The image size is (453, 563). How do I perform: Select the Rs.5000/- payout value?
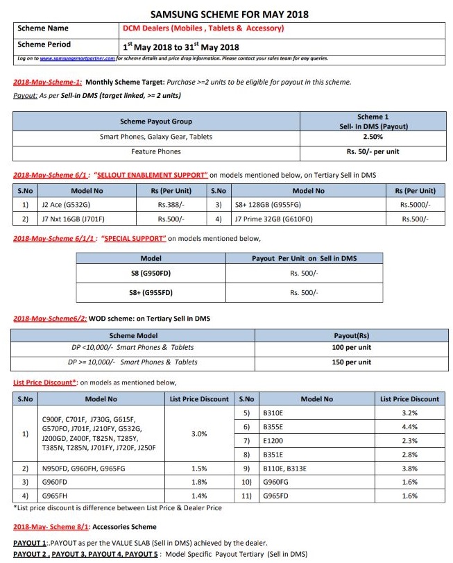click(x=414, y=205)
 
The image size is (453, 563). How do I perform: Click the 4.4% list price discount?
click(x=409, y=427)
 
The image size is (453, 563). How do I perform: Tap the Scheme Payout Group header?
click(x=156, y=121)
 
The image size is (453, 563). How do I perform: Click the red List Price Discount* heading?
click(x=45, y=383)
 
